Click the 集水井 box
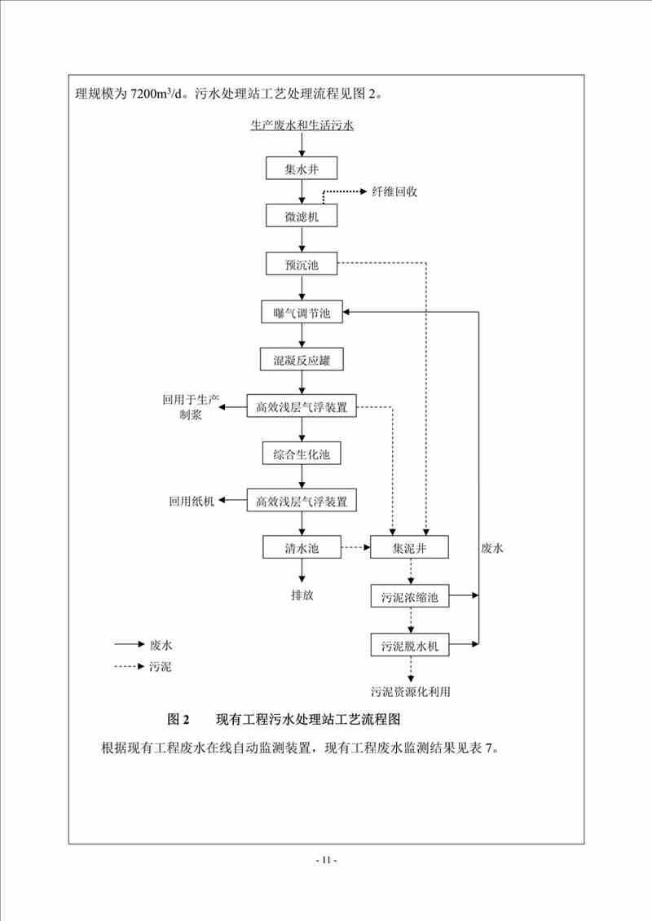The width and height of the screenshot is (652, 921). click(x=302, y=169)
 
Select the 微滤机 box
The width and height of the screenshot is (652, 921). click(x=302, y=217)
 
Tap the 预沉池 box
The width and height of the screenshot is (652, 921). click(x=302, y=264)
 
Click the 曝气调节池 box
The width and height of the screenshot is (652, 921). click(x=302, y=312)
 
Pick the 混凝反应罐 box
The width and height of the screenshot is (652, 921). click(x=302, y=358)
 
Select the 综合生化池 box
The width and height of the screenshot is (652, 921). click(x=302, y=454)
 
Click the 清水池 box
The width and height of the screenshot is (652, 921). click(x=302, y=548)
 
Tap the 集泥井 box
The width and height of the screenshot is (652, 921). click(x=410, y=548)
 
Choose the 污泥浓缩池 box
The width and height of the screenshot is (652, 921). click(x=410, y=597)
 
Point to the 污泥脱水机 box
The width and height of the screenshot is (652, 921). click(x=410, y=646)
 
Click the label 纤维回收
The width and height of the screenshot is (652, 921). click(x=394, y=191)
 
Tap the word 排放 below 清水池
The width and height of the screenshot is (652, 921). click(x=302, y=594)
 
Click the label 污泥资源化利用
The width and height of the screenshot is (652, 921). click(x=410, y=692)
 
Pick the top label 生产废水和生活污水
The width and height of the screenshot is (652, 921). click(x=302, y=125)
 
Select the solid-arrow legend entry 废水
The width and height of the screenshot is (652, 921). click(x=161, y=644)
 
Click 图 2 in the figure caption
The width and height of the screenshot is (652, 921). click(x=178, y=720)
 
